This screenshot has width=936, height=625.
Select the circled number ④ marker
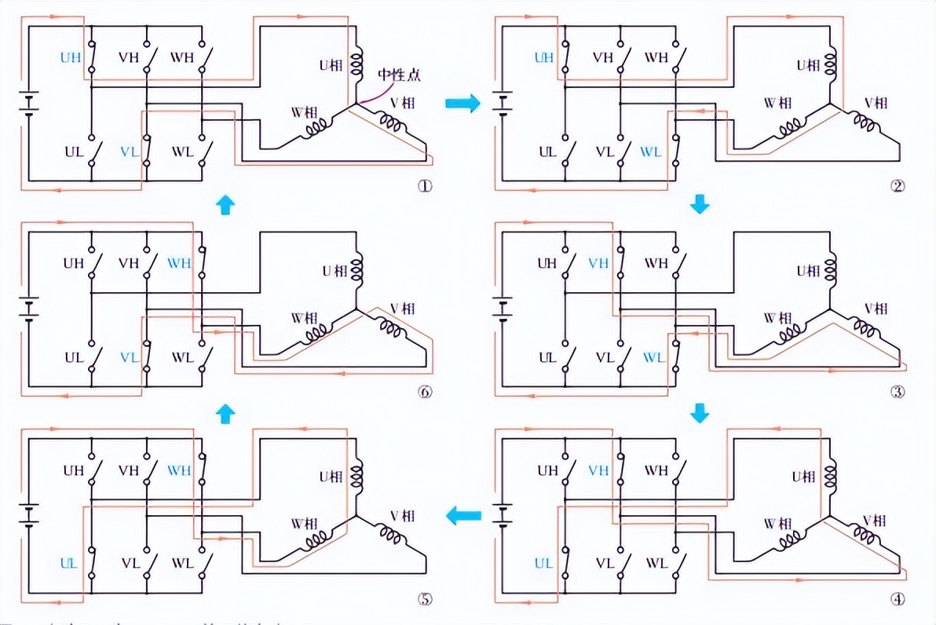(x=898, y=598)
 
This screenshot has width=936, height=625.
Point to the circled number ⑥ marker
(x=426, y=393)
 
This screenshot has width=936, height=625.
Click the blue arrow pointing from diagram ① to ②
(x=463, y=104)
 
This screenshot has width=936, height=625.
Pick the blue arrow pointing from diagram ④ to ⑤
(x=463, y=516)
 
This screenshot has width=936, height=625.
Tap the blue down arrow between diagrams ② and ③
(x=699, y=206)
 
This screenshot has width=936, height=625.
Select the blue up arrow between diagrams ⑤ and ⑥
(x=225, y=412)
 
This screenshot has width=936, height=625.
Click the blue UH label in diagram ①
(x=71, y=57)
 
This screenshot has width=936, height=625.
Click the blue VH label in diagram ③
(x=599, y=264)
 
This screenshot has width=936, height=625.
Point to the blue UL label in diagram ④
(x=543, y=563)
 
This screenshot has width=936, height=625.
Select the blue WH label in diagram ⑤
(x=179, y=470)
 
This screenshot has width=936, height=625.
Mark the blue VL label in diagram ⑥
(x=130, y=356)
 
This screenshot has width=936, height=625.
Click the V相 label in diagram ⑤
(x=403, y=516)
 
